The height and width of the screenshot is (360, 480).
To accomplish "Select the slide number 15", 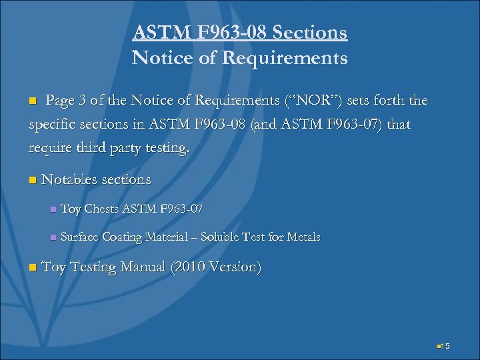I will pos(446,345).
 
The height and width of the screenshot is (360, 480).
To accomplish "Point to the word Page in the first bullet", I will pos(60,101).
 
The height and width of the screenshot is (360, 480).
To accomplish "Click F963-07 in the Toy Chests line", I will pos(181,209).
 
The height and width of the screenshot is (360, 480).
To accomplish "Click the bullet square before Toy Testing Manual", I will pos(33,268).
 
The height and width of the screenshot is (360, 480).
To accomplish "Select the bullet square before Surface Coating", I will pos(52,237).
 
